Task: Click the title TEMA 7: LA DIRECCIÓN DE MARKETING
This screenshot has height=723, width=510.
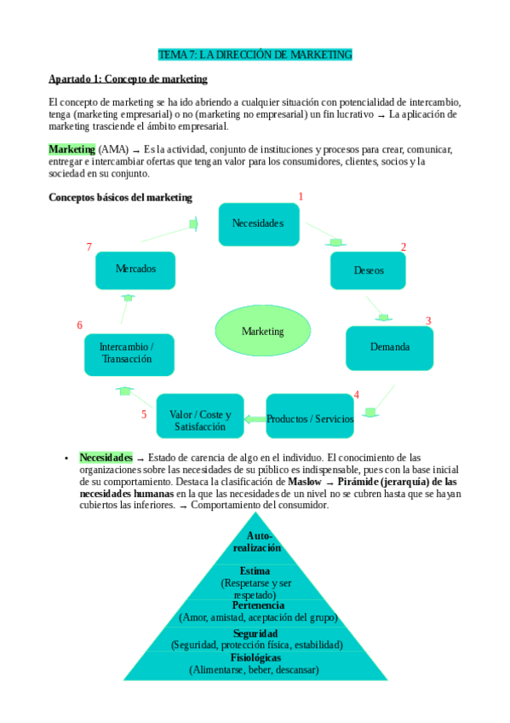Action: (255, 55)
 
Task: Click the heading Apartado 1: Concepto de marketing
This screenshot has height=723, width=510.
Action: (128, 79)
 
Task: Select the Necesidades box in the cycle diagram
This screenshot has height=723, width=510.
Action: (258, 223)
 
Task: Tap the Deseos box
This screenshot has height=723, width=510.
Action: (369, 270)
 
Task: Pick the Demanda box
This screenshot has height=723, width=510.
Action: (389, 347)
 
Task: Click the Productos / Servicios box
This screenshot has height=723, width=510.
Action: (310, 419)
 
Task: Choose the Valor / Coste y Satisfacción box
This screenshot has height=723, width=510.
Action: (200, 419)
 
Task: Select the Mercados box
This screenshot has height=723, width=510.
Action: (136, 269)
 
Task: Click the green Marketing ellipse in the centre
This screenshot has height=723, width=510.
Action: (263, 331)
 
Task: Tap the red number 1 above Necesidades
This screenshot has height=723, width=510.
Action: (301, 196)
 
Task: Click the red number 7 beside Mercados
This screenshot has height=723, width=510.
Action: (89, 246)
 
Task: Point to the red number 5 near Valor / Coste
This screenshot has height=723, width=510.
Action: (144, 414)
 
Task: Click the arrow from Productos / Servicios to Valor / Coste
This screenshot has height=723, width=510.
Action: (255, 418)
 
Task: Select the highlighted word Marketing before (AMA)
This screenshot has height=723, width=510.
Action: (72, 149)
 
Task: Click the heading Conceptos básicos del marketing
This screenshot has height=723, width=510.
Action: (120, 198)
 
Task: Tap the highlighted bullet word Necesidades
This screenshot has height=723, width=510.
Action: (106, 457)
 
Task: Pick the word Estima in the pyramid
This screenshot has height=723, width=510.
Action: (255, 571)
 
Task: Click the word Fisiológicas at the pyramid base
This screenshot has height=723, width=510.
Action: (255, 658)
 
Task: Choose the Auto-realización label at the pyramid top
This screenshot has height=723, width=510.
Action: (257, 541)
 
